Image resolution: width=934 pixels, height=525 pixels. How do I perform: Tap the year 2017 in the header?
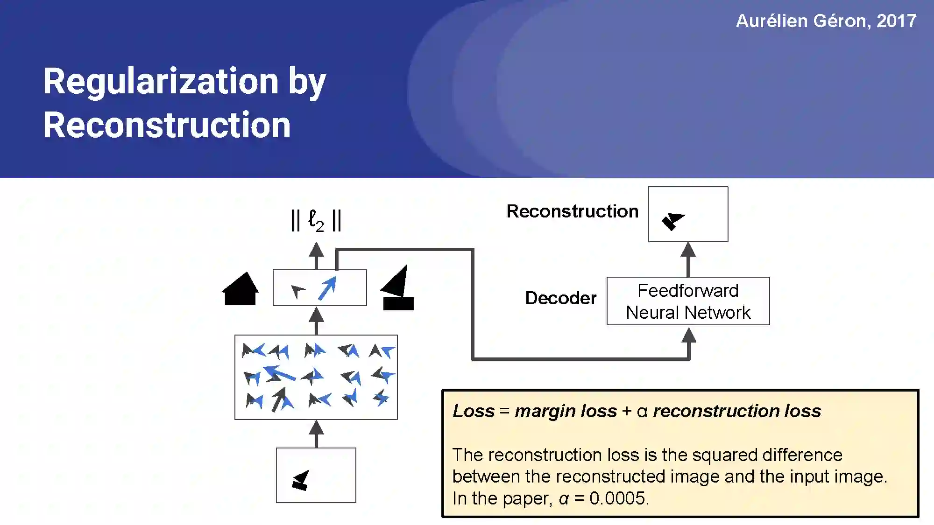click(896, 21)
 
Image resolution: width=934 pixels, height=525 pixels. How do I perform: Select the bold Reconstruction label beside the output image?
click(572, 211)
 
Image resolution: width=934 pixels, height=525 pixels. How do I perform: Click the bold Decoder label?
click(560, 298)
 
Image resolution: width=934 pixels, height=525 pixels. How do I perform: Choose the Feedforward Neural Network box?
click(688, 301)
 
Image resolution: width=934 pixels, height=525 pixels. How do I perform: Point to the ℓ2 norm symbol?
click(316, 220)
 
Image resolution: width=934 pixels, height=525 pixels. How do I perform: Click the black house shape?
click(240, 289)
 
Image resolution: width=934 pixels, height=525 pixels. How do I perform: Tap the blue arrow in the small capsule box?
click(327, 288)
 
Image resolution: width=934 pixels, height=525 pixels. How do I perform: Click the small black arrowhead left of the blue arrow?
click(297, 291)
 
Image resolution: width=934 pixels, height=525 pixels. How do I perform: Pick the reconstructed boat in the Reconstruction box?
click(672, 221)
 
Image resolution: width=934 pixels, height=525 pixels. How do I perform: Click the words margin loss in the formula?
click(566, 411)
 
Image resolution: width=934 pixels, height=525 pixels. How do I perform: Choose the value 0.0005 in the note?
click(617, 498)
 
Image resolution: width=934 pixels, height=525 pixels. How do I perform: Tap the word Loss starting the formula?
click(473, 411)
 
